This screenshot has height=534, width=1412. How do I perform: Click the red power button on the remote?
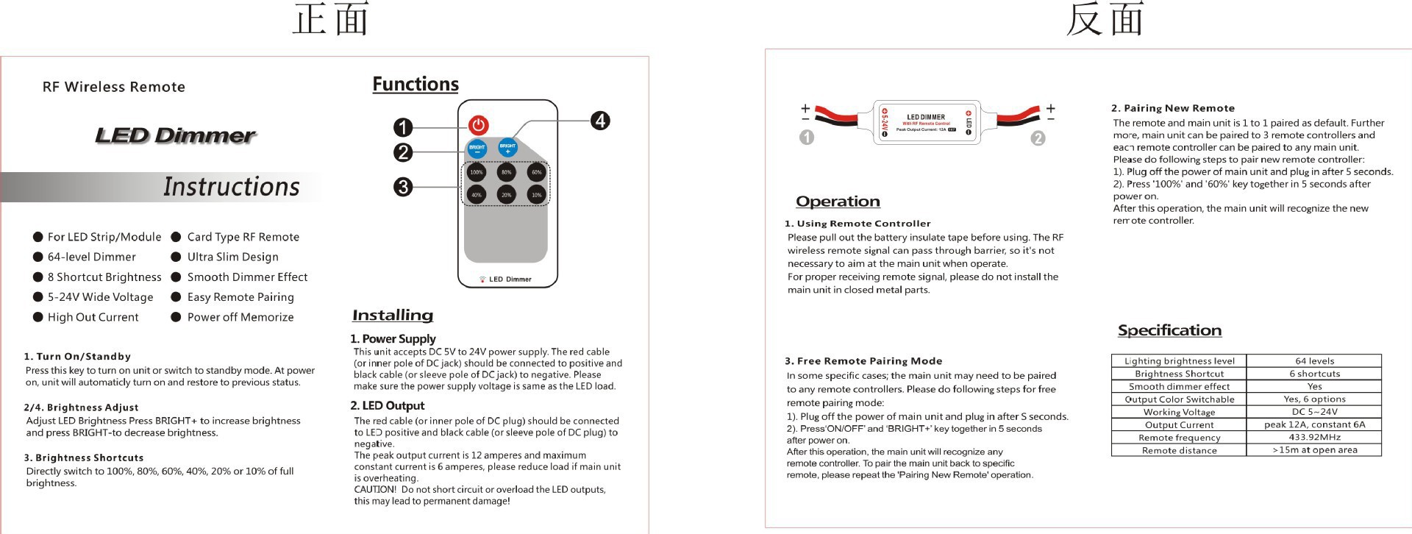[x=479, y=125]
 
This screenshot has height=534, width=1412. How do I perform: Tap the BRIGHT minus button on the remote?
[x=477, y=148]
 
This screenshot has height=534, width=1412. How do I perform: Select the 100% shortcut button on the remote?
[x=477, y=173]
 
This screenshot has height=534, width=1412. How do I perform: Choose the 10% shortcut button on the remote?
[x=537, y=195]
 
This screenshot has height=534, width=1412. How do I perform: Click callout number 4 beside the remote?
[x=600, y=121]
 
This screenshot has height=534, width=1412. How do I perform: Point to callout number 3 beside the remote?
[x=403, y=187]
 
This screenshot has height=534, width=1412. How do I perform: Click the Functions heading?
[x=416, y=85]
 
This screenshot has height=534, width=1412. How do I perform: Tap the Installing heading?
[x=393, y=316]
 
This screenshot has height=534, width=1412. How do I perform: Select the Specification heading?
[x=1169, y=331]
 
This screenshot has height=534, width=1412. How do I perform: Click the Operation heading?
[x=838, y=202]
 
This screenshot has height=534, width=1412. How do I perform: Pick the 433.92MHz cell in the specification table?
[x=1314, y=437]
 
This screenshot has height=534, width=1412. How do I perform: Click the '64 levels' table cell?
[x=1314, y=361]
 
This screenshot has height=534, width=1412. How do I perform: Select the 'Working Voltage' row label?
[x=1179, y=412]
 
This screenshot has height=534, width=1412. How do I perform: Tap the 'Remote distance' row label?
[x=1179, y=450]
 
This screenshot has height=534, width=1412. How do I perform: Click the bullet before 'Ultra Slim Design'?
[x=176, y=257]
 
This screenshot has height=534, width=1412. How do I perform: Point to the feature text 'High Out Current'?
[x=93, y=317]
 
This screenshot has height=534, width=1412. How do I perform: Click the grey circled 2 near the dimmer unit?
[x=1038, y=138]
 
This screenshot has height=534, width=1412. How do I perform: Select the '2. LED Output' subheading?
[x=388, y=405]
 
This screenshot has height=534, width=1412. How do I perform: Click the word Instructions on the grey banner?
[x=231, y=187]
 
